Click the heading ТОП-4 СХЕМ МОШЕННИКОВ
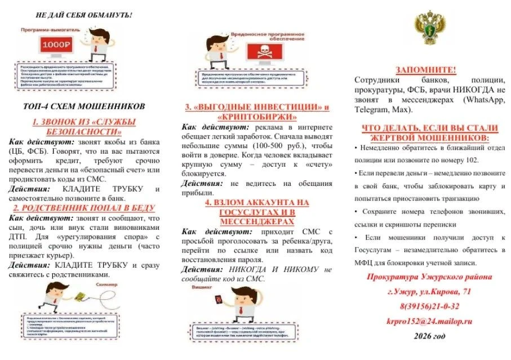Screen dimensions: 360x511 (84, 106)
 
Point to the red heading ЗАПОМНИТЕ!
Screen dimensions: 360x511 (426, 69)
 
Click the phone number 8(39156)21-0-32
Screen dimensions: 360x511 (429, 306)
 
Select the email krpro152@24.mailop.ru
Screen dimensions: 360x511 (429, 321)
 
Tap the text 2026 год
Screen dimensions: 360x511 (429, 336)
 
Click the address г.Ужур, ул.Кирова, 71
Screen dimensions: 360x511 (429, 291)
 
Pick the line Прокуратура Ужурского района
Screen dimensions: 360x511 (429, 277)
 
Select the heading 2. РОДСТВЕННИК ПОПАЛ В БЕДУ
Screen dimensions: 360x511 (83, 208)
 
